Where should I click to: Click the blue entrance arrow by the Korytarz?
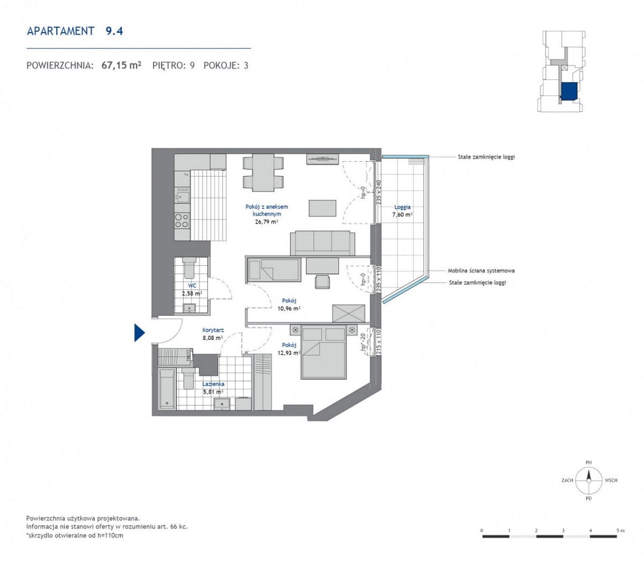click(x=138, y=333)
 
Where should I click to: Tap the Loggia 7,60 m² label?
click(x=402, y=211)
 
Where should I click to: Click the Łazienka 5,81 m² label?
click(x=213, y=388)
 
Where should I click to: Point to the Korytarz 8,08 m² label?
click(x=213, y=334)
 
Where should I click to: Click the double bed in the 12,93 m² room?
click(x=324, y=352)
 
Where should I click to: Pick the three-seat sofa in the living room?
click(x=323, y=243)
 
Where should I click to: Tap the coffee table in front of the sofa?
click(x=323, y=208)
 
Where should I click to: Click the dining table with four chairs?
click(x=263, y=173)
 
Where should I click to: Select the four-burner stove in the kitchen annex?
click(x=182, y=220)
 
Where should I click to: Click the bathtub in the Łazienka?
click(x=166, y=389)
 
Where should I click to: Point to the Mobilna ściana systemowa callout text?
click(x=481, y=271)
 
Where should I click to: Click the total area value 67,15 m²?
click(x=121, y=65)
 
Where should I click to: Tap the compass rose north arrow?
click(x=588, y=476)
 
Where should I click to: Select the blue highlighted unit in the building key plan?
click(x=569, y=92)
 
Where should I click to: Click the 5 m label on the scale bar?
click(x=620, y=530)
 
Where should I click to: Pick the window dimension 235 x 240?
click(x=378, y=192)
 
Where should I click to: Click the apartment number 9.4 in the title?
click(x=114, y=31)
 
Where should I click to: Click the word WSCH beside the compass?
click(x=611, y=480)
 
